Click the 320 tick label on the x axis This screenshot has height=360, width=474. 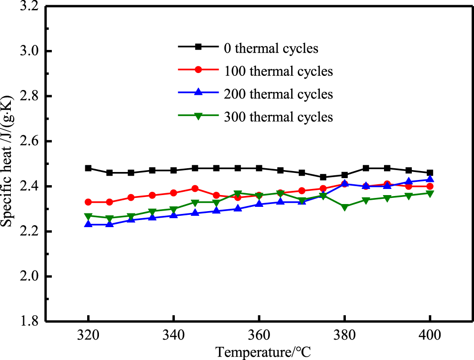(88, 335)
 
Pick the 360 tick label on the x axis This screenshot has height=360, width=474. (259, 335)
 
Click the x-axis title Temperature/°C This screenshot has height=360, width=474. (263, 352)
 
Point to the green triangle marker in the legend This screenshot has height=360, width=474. (198, 116)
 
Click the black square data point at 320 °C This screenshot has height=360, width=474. (88, 168)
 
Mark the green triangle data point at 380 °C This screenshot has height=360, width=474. (344, 207)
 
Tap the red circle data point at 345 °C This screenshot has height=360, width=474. (195, 188)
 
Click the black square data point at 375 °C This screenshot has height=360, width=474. (323, 177)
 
